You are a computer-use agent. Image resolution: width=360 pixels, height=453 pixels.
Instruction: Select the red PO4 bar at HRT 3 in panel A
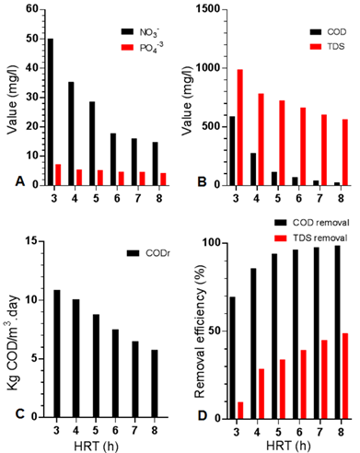point(58,175)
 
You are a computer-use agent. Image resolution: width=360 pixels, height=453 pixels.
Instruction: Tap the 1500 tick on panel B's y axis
point(204,8)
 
